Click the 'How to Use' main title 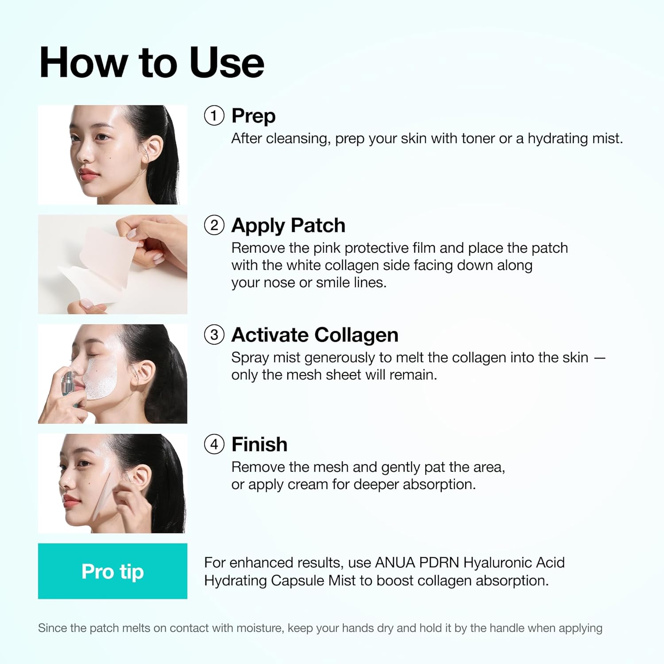[x=152, y=63]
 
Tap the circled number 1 [x=214, y=116]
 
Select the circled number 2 [x=214, y=225]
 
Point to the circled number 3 [x=214, y=335]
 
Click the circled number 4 [x=214, y=444]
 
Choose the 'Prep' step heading [x=254, y=116]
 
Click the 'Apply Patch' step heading [x=288, y=226]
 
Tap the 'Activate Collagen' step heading [x=315, y=335]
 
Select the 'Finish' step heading [x=259, y=444]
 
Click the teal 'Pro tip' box [x=112, y=571]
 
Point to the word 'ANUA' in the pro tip [x=395, y=563]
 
